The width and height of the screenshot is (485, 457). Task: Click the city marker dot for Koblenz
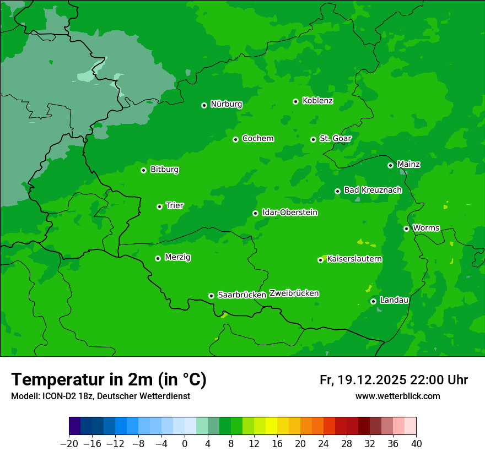[296, 101]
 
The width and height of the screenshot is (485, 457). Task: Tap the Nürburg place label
[226, 104]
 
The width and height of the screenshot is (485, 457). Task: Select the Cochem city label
[257, 139]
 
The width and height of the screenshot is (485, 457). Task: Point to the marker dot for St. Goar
[314, 139]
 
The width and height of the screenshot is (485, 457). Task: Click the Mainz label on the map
[408, 164]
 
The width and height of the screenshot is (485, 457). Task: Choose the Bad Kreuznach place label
[373, 190]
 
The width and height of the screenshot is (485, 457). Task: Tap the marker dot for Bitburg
[144, 170]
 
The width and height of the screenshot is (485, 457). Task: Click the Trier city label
[175, 206]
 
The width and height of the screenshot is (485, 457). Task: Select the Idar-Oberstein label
[290, 213]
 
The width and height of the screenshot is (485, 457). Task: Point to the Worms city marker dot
[407, 228]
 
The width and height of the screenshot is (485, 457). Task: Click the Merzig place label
[177, 257]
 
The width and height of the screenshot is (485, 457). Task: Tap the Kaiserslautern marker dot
[321, 260]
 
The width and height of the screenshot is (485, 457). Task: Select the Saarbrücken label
[242, 295]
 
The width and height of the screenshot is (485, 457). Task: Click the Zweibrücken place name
[294, 293]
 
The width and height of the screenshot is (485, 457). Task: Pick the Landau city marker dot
[374, 301]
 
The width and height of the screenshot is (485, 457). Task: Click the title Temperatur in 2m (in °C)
[109, 380]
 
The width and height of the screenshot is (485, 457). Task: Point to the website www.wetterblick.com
[397, 396]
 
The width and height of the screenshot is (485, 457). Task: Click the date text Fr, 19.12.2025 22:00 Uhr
[394, 380]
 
